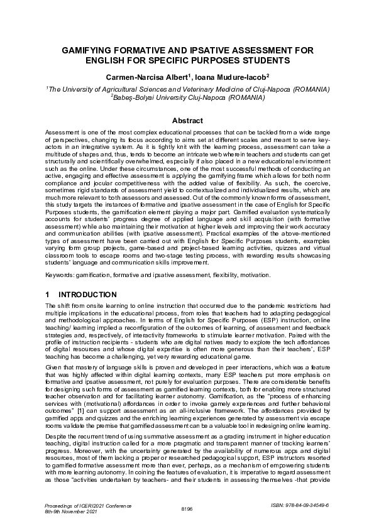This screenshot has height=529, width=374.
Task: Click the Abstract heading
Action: click(x=187, y=121)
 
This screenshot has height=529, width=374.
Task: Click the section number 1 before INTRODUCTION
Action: click(x=48, y=295)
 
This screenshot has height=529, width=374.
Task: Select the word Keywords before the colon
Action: click(x=61, y=275)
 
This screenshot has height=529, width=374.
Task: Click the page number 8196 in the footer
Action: click(x=187, y=509)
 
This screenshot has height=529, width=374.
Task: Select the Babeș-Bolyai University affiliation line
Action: click(x=187, y=99)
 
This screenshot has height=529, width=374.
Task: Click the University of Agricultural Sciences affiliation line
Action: click(x=187, y=90)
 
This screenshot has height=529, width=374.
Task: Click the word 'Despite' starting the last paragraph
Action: click(x=56, y=433)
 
